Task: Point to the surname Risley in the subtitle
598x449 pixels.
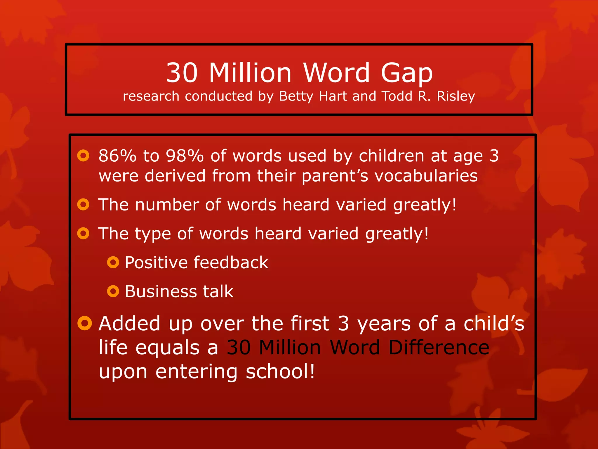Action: coord(456,96)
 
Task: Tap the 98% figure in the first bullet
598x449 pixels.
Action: coord(185,156)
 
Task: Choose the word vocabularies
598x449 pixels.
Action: coord(426,176)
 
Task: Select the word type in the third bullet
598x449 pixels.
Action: coord(153,234)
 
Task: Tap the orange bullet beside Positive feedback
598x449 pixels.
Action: coord(113,262)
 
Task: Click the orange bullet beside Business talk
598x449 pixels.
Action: coord(113,291)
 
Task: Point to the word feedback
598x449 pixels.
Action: coord(231,262)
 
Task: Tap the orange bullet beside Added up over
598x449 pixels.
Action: coord(85,323)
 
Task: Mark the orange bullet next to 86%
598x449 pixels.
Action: coord(83,156)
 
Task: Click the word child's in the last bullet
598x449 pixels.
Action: coord(494,324)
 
